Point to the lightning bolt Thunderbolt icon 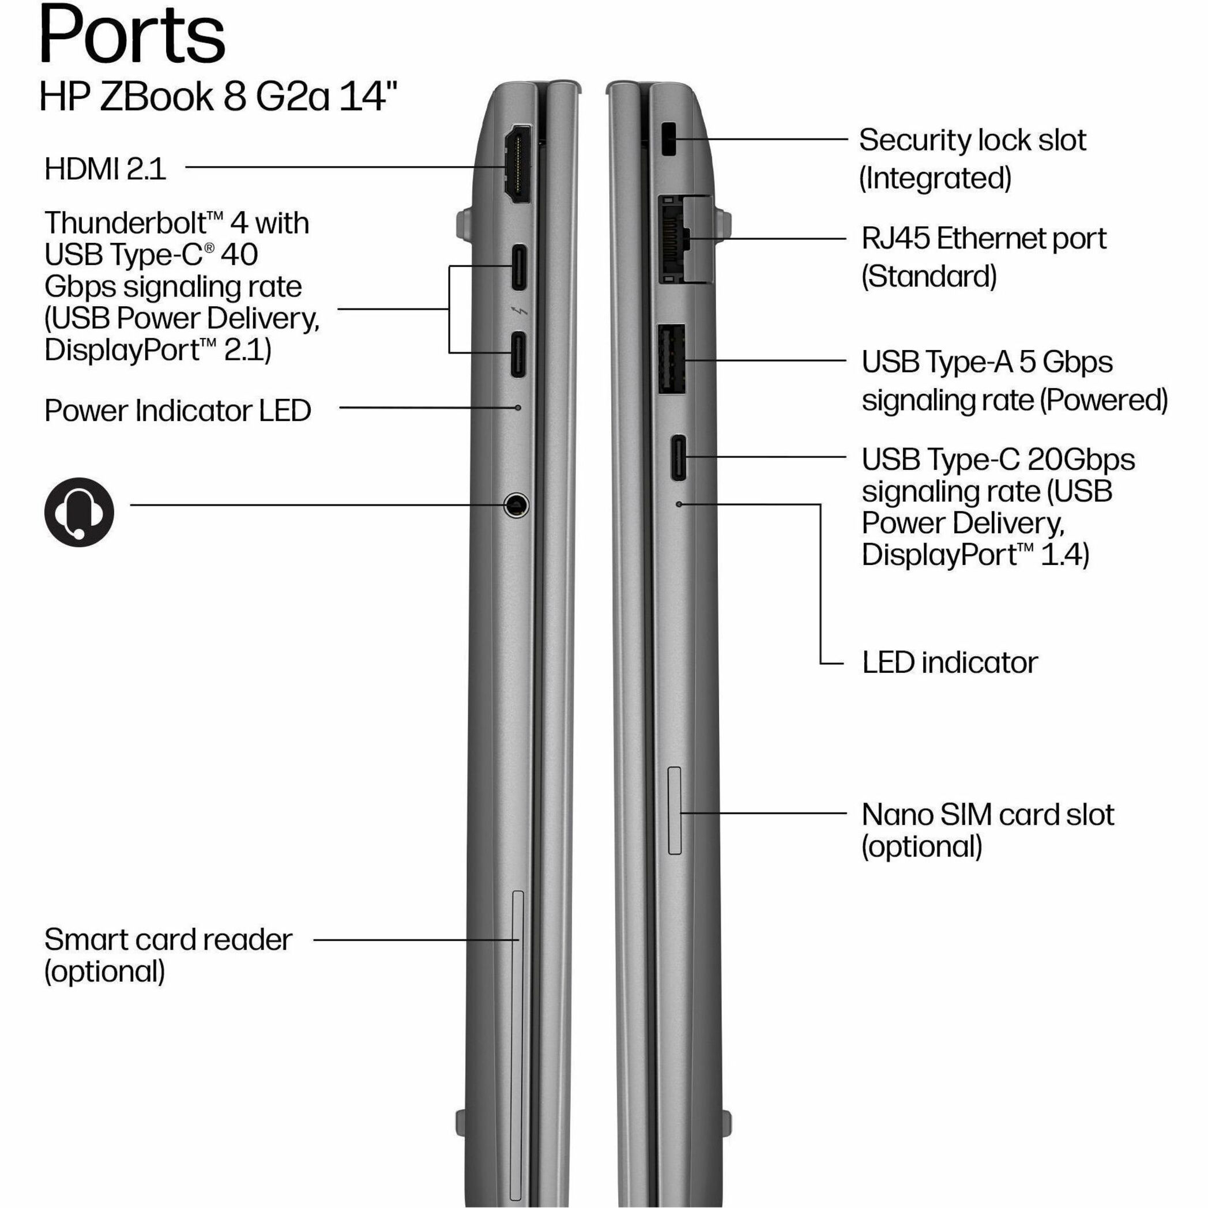(520, 311)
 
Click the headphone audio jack (517, 505)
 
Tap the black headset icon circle (79, 513)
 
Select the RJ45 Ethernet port (685, 239)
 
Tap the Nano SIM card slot (675, 810)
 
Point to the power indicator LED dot (518, 408)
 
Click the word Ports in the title (133, 34)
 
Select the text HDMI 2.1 (105, 169)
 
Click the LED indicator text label (950, 663)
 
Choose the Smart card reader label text (168, 939)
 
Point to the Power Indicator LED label (178, 411)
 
